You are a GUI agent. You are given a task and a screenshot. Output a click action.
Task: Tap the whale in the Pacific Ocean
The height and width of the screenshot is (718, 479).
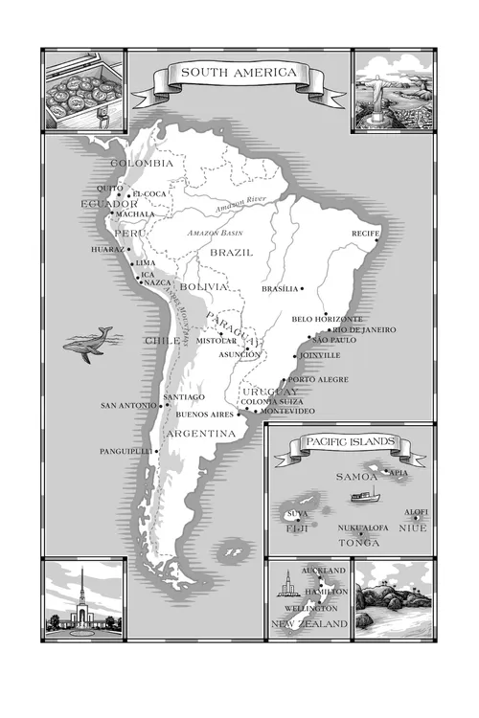tap(89, 343)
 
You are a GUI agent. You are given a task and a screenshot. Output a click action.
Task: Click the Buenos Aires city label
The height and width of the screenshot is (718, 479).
tap(205, 415)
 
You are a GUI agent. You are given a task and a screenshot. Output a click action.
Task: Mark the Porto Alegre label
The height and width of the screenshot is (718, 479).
tap(318, 379)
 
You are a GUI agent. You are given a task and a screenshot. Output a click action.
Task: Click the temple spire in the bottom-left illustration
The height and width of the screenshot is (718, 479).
tap(83, 589)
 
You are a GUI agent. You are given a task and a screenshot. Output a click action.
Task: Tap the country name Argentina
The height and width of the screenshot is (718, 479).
tap(201, 434)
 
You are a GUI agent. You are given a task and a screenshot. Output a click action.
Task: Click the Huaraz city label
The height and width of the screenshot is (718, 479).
tap(107, 249)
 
